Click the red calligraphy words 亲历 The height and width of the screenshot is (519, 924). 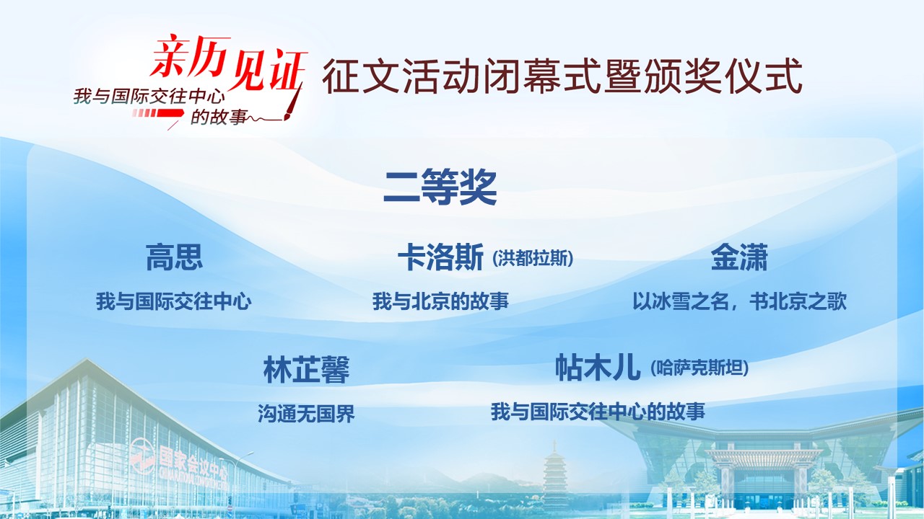tap(190, 57)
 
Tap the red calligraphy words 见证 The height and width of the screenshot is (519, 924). tap(267, 71)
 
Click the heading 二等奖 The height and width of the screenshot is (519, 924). tap(440, 187)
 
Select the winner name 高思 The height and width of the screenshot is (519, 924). tap(174, 257)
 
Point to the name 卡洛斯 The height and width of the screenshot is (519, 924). tap(440, 257)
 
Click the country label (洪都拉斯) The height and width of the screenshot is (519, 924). tap(533, 259)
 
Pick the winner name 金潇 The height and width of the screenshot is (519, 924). tap(738, 257)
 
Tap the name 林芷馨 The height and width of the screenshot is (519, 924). tap(306, 370)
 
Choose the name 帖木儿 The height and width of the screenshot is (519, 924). tap(598, 367)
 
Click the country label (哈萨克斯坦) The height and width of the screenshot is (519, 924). tap(699, 368)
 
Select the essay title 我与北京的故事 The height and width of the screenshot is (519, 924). tap(440, 301)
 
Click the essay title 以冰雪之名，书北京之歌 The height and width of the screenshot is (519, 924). tap(740, 301)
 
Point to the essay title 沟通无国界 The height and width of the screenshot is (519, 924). tap(306, 413)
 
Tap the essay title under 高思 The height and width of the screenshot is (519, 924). tap(174, 301)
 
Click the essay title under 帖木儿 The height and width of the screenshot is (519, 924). tap(598, 411)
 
